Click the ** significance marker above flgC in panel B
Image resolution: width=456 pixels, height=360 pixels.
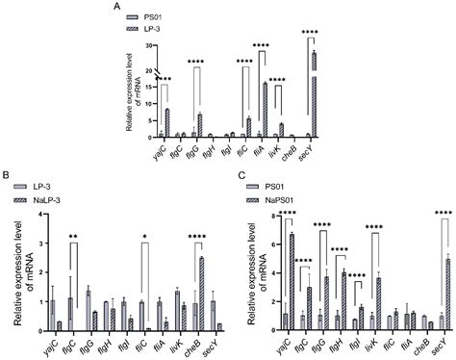pyautogui.click(x=72, y=234)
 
